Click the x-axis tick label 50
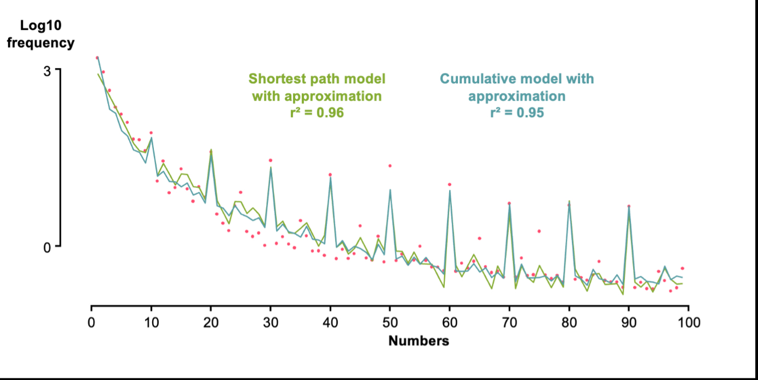point(389,322)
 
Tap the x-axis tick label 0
point(91,322)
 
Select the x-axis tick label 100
point(688,322)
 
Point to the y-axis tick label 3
point(48,71)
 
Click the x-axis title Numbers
point(418,341)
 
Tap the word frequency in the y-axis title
point(41,43)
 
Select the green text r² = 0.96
point(317,113)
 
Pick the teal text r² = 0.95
point(516,113)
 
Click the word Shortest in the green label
point(275,78)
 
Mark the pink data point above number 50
point(390,166)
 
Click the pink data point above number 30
point(271,160)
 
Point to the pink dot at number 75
point(539,231)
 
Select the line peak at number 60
point(450,191)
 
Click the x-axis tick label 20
point(210,322)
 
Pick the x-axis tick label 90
point(629,322)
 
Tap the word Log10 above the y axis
point(41,25)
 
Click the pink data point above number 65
point(479,238)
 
